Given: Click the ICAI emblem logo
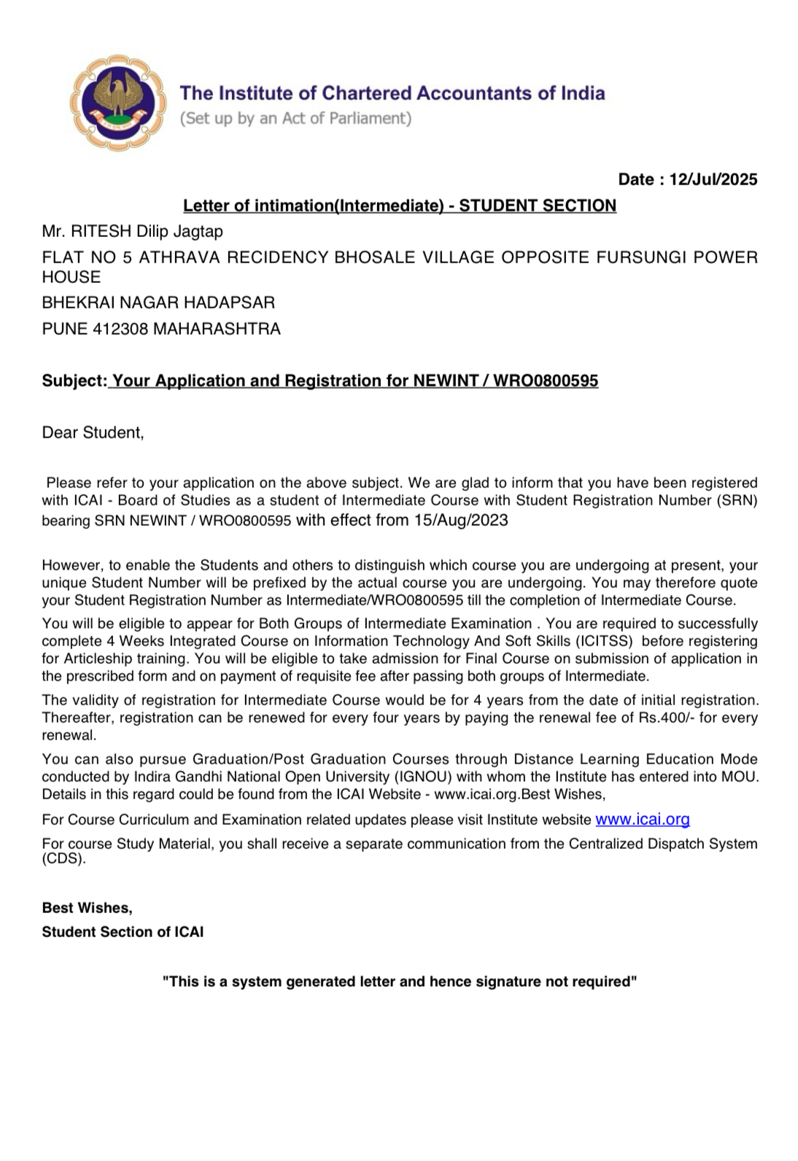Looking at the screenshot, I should pos(114,102).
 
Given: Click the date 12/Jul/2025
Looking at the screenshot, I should pos(713,179).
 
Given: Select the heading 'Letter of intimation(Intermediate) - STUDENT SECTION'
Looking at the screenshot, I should pos(399,206).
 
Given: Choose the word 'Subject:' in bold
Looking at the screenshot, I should pos(74,381).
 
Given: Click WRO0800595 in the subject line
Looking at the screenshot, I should pos(546,381).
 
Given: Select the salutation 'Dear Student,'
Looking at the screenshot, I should pos(93,432).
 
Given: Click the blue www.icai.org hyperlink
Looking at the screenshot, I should pos(642,819).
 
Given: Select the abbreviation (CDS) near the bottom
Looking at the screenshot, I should pos(63,859).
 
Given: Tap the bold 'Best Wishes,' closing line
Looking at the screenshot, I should pos(87,908).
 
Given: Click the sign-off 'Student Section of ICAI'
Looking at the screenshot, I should pos(123,932).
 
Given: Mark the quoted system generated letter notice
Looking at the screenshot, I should pos(399,982).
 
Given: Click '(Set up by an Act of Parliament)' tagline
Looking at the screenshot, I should pos(295,118).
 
